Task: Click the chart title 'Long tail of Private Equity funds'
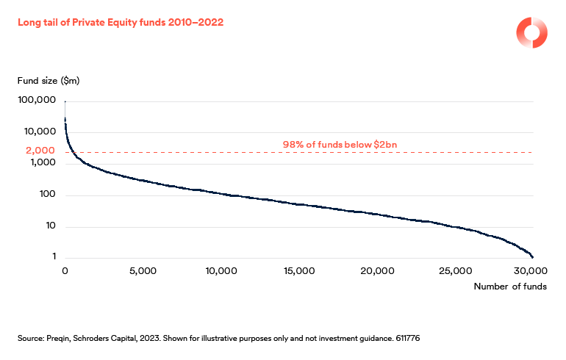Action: [120, 23]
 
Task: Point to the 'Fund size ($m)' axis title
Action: [48, 79]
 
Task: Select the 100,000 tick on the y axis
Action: [35, 99]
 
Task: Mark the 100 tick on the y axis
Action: [46, 195]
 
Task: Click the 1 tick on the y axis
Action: [53, 256]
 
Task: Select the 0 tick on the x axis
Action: [65, 270]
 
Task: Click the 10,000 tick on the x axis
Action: [221, 270]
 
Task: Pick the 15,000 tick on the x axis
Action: [299, 270]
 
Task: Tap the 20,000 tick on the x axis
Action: [378, 270]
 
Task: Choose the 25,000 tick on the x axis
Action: [456, 270]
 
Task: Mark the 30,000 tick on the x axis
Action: [531, 270]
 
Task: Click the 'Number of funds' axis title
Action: [509, 287]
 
